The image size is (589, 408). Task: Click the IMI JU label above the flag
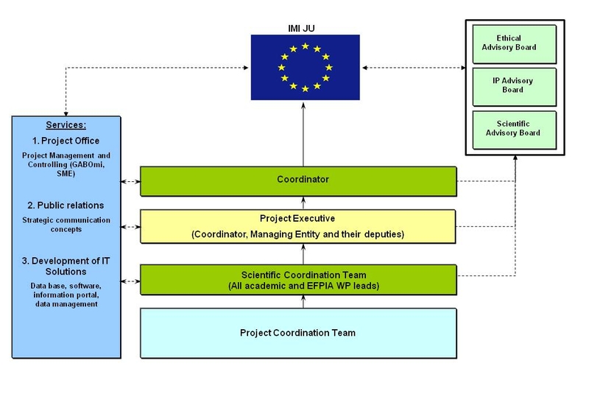(305, 29)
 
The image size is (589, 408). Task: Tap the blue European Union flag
(305, 68)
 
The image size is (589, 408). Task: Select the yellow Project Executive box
(298, 227)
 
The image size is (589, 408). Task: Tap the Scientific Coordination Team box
(298, 280)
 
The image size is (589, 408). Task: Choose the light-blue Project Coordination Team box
(298, 333)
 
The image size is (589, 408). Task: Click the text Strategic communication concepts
(66, 225)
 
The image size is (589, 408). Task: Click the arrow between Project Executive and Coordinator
(303, 203)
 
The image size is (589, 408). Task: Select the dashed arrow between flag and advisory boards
(412, 68)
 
